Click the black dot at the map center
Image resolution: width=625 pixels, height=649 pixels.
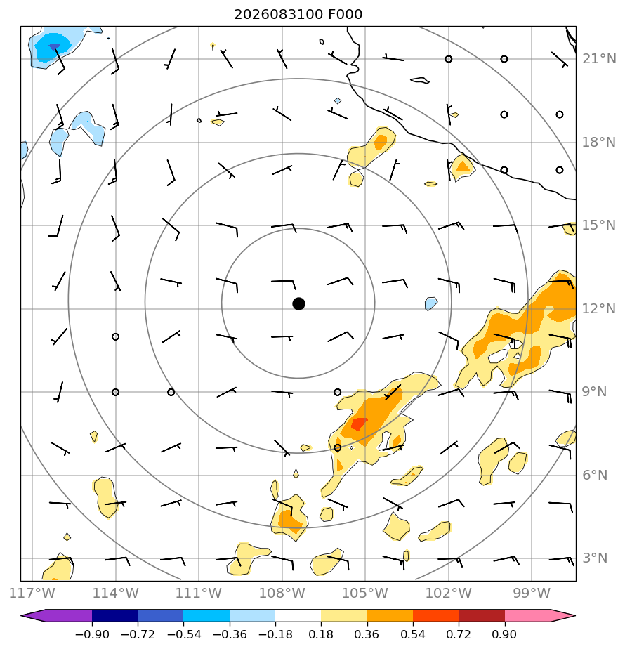pyautogui.click(x=298, y=304)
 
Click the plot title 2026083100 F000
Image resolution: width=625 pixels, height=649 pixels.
pyautogui.click(x=298, y=15)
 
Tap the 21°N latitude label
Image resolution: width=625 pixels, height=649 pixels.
pyautogui.click(x=599, y=59)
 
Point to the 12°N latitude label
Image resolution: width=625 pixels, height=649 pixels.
pyautogui.click(x=599, y=309)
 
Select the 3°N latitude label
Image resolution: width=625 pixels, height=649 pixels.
pyautogui.click(x=595, y=558)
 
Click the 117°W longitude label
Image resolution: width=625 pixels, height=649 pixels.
pyautogui.click(x=32, y=593)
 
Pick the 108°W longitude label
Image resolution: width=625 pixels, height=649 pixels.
pyautogui.click(x=282, y=593)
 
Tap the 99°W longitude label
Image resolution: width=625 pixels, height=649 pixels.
pyautogui.click(x=532, y=593)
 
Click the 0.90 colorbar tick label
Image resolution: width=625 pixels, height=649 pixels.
pyautogui.click(x=504, y=634)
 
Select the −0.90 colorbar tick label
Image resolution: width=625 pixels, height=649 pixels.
pyautogui.click(x=92, y=634)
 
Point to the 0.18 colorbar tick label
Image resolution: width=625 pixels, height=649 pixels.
pyautogui.click(x=321, y=634)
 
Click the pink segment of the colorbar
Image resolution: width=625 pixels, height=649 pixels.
pyautogui.click(x=527, y=615)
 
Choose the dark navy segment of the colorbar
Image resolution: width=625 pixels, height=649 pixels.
pyautogui.click(x=114, y=615)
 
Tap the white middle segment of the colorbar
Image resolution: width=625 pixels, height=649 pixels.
pyautogui.click(x=298, y=615)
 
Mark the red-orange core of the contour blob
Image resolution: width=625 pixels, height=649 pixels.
pyautogui.click(x=359, y=424)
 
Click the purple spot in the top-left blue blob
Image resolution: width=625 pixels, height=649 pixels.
pyautogui.click(x=54, y=46)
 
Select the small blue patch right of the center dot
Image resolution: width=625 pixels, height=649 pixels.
pyautogui.click(x=431, y=304)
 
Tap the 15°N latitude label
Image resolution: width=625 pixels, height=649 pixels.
pyautogui.click(x=599, y=225)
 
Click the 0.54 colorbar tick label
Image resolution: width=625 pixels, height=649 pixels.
pyautogui.click(x=413, y=634)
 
